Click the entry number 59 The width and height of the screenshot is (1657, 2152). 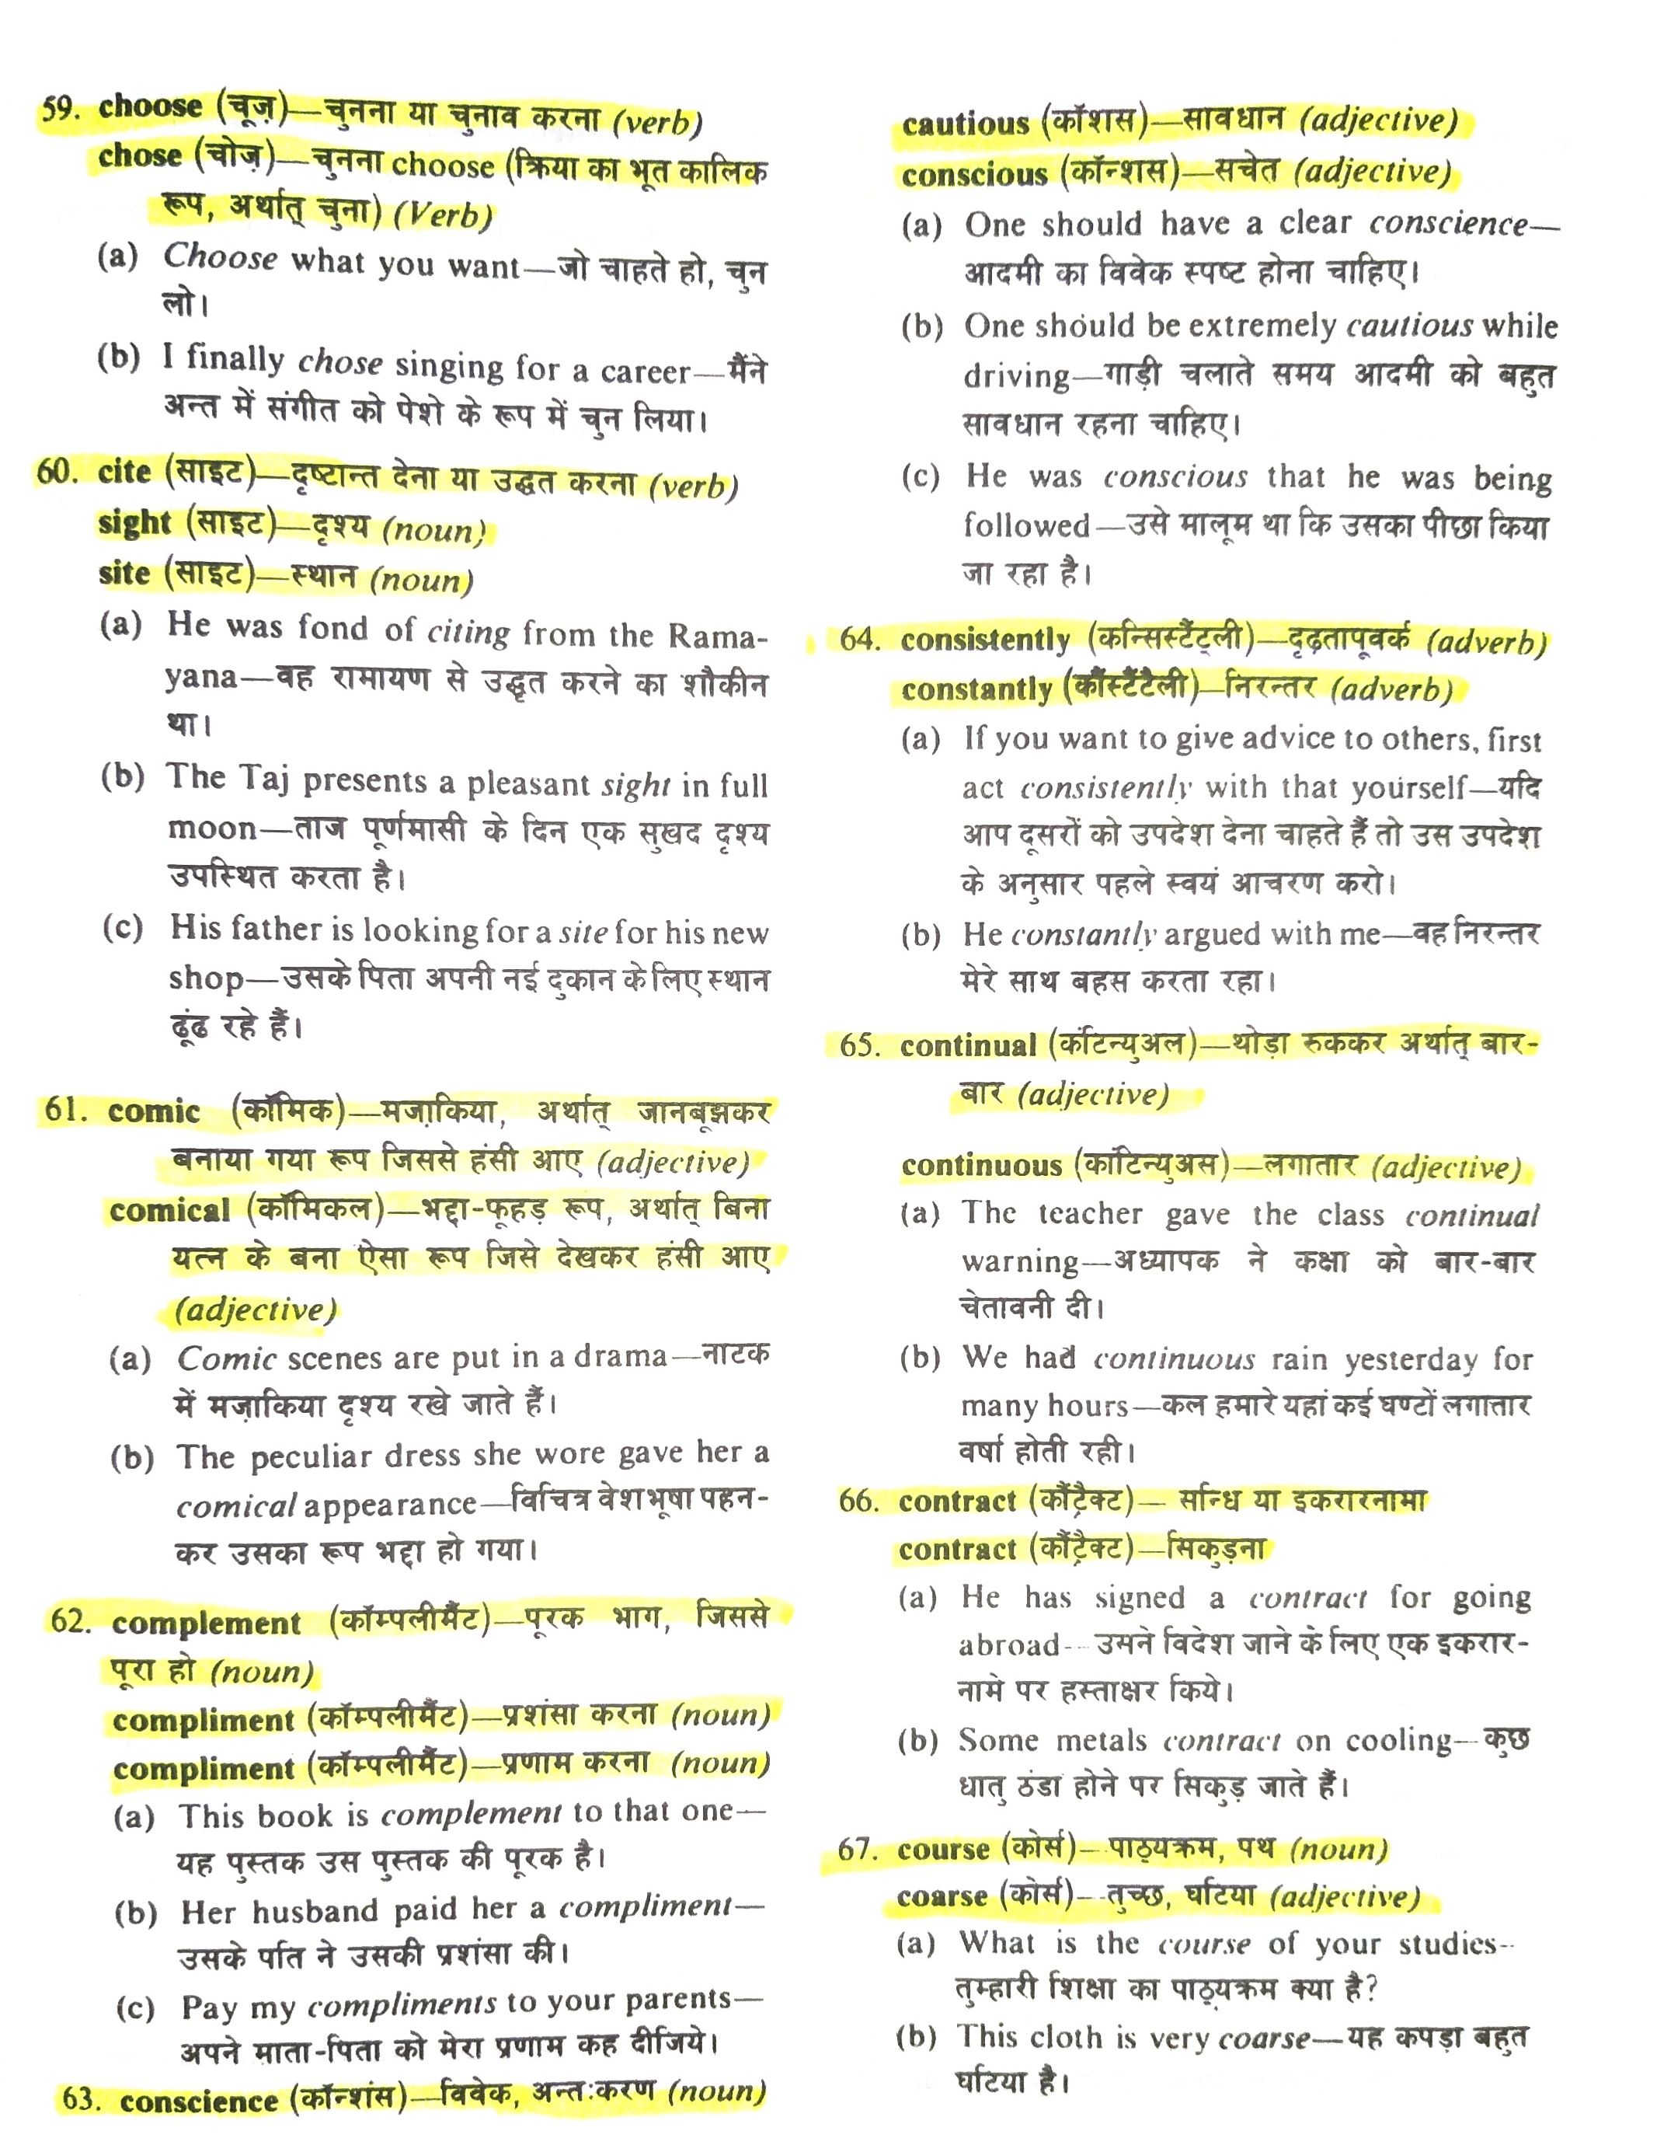pos(60,108)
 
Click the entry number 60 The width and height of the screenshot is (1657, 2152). pos(57,471)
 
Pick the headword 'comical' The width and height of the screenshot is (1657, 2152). pos(169,1210)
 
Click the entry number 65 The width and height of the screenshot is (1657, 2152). pos(860,1045)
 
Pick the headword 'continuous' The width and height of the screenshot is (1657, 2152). pos(980,1166)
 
